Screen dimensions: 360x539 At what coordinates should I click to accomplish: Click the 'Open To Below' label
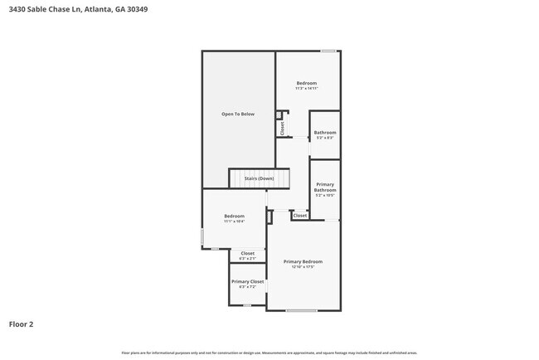tap(237, 114)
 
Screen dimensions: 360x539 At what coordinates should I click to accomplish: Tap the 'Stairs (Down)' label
tap(259, 178)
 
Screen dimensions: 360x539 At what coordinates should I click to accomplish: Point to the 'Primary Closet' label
tap(247, 281)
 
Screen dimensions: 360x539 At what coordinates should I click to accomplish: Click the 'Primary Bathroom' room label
tap(325, 187)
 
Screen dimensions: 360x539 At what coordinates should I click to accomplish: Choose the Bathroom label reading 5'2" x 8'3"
tap(325, 138)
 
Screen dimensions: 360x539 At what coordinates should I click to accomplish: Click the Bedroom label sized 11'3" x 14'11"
tap(307, 83)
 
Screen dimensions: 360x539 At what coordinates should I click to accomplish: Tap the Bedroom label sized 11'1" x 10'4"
tap(234, 216)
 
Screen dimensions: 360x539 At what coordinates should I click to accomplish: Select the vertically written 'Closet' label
tap(282, 128)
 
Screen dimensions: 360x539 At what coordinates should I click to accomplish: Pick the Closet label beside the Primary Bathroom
tap(300, 216)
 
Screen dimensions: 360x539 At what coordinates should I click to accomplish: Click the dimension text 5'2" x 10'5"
tap(325, 195)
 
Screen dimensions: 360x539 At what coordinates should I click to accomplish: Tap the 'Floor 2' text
tap(21, 324)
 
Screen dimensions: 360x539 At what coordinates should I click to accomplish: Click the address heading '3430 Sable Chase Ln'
tap(45, 10)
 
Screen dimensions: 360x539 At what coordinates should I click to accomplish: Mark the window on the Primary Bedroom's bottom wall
tap(301, 310)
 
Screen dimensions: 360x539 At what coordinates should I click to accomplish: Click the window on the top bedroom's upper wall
tap(328, 51)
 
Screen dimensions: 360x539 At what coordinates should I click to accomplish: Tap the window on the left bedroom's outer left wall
tap(202, 237)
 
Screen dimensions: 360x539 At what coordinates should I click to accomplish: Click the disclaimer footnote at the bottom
tap(269, 353)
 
